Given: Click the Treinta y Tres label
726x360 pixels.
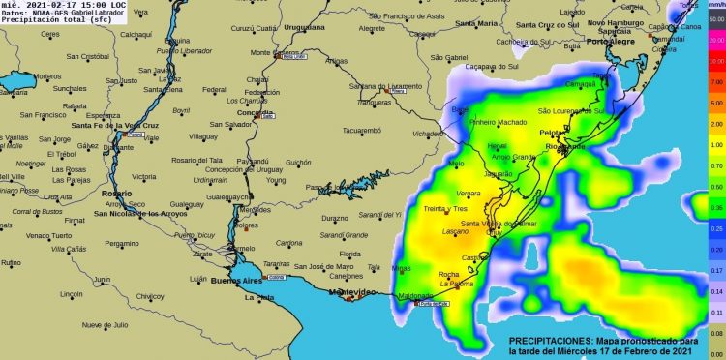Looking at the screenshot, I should (x=445, y=209).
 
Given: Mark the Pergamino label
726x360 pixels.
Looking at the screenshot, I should (x=123, y=243).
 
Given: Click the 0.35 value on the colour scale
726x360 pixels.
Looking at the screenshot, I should (x=715, y=206).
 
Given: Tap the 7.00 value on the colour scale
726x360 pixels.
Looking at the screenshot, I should (x=715, y=83).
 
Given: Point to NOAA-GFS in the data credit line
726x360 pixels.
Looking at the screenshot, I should (x=50, y=13).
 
